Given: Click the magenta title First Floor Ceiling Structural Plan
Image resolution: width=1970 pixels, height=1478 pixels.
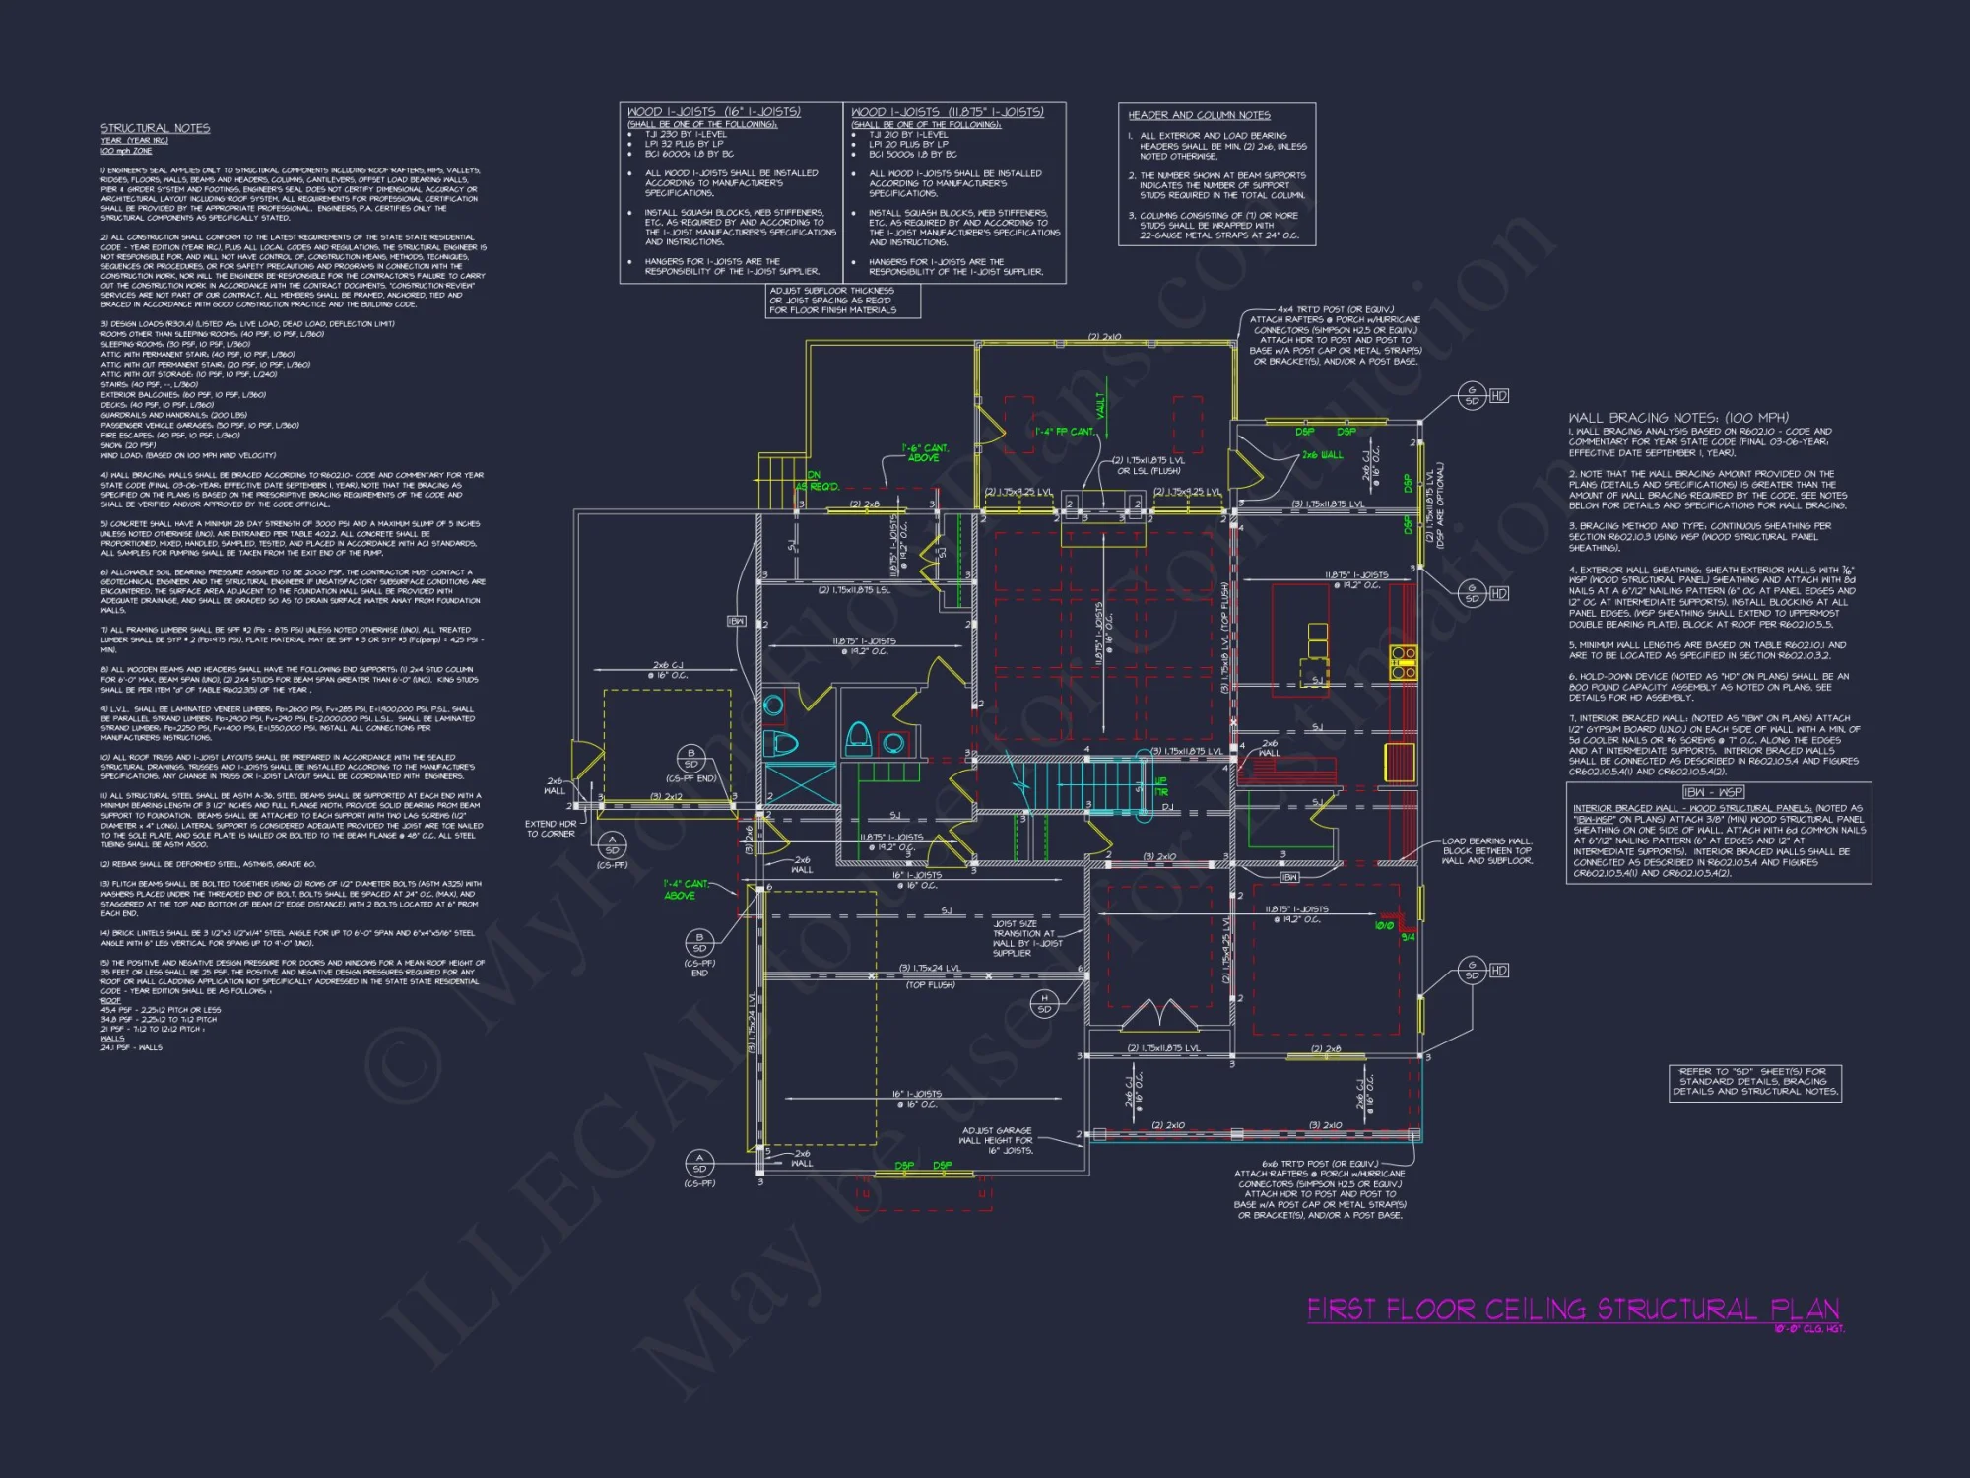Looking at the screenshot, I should click(x=1572, y=1310).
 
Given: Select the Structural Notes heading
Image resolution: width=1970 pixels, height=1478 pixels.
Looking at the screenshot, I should click(x=155, y=128).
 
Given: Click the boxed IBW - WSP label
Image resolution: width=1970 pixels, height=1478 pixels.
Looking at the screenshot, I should click(x=1713, y=792).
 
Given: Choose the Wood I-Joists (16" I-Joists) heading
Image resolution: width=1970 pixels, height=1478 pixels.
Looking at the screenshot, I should click(x=714, y=112).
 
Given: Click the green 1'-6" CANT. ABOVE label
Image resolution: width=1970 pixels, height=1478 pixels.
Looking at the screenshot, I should click(x=924, y=453).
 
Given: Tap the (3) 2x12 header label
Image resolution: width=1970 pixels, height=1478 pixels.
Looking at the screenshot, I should click(x=666, y=797).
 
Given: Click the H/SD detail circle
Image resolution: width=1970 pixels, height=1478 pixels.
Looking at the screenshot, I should click(x=1044, y=1003).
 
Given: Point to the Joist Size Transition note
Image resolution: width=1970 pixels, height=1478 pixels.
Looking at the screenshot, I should click(x=1026, y=938).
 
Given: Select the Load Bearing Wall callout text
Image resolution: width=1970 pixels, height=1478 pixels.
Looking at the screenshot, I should click(x=1486, y=850).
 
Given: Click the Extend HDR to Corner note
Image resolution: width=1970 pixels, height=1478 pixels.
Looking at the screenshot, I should click(x=551, y=829).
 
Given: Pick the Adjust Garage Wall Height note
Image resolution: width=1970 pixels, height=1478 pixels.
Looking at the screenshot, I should click(x=997, y=1140).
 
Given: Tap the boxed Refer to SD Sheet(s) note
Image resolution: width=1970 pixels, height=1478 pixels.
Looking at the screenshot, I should click(x=1754, y=1081).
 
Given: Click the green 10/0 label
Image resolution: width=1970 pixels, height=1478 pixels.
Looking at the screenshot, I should click(x=1384, y=925).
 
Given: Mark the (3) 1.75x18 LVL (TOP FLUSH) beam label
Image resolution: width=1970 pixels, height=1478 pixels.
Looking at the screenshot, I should click(x=1225, y=638).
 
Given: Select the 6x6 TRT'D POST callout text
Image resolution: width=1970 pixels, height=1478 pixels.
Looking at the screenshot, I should click(x=1320, y=1189).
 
